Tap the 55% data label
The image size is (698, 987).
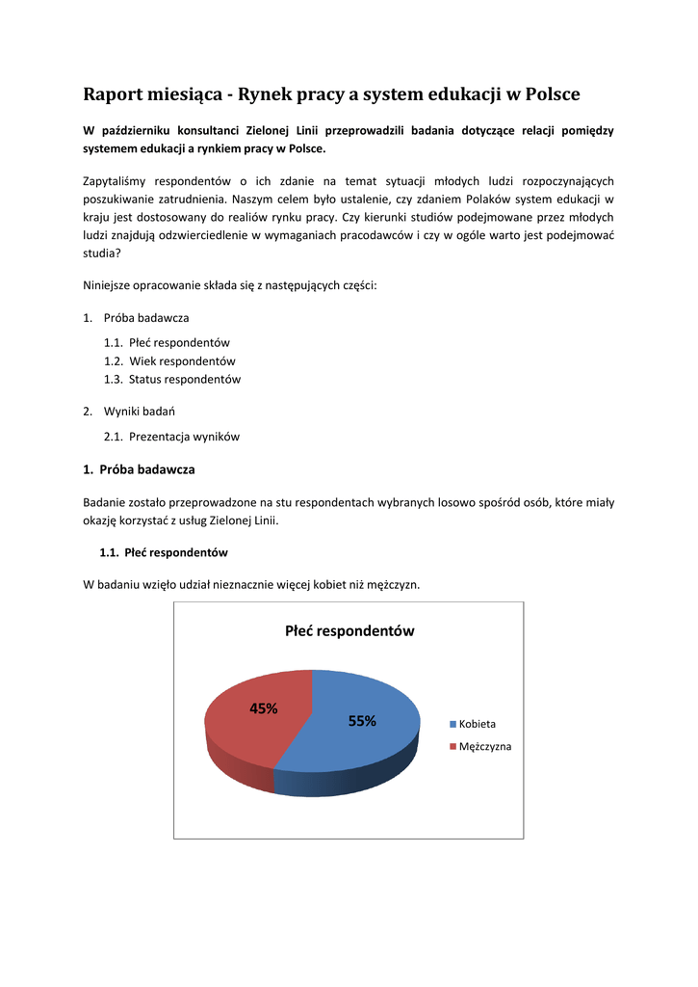click(x=362, y=721)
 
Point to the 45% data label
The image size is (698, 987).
click(x=264, y=708)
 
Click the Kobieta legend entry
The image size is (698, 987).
click(x=477, y=724)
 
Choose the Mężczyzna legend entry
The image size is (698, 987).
click(x=484, y=747)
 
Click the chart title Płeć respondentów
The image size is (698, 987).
click(x=349, y=631)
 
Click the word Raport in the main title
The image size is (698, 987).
click(x=114, y=94)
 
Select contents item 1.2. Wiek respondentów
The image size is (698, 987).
click(x=169, y=361)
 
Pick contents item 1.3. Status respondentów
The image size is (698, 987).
click(x=172, y=380)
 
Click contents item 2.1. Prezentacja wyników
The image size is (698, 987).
click(x=171, y=437)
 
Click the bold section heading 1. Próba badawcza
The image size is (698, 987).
click(x=139, y=469)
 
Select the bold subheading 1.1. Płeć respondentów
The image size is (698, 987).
click(x=164, y=553)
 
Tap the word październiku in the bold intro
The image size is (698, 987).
click(x=142, y=130)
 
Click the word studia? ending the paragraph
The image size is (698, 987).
click(x=102, y=253)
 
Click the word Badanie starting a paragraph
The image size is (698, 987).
click(x=106, y=502)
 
